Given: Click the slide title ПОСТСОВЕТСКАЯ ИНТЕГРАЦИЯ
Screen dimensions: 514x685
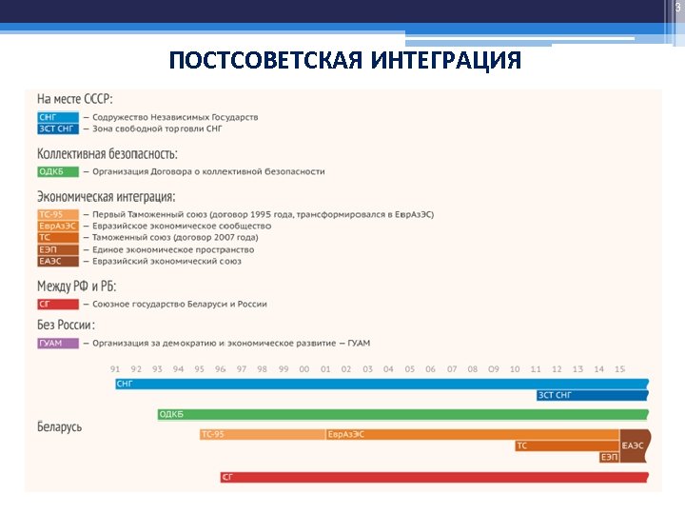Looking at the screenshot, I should [x=344, y=62].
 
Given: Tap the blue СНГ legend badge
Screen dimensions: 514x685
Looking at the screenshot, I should [x=58, y=117].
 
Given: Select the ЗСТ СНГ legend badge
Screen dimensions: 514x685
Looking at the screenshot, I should [x=58, y=128].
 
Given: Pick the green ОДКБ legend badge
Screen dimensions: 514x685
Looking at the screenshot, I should [x=58, y=171].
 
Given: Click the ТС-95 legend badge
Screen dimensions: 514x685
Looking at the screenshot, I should [x=58, y=215].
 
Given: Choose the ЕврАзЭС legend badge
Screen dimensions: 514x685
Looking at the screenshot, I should [x=58, y=227].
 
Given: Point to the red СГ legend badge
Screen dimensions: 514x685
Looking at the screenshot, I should [x=58, y=305].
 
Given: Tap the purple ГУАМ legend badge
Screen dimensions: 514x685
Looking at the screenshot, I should [x=58, y=343].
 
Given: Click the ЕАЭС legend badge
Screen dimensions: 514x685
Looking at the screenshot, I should [x=58, y=261].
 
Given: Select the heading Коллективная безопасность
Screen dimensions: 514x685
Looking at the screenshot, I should [x=107, y=153].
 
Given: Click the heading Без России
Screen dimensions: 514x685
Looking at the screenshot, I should [x=66, y=326].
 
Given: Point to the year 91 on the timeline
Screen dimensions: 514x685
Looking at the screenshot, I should [x=115, y=369].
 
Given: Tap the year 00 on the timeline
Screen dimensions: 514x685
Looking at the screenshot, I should [x=304, y=369].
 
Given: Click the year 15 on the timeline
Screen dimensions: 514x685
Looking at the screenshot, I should [x=620, y=369].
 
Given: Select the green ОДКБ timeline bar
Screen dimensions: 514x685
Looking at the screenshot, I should [x=400, y=415].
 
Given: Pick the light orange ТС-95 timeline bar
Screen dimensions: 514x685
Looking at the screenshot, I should [x=262, y=435].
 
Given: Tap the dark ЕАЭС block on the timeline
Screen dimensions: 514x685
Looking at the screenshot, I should [x=634, y=445].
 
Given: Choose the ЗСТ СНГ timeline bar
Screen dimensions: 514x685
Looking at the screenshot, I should [x=590, y=395].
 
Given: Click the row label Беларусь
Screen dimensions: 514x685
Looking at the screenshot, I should [x=59, y=426].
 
